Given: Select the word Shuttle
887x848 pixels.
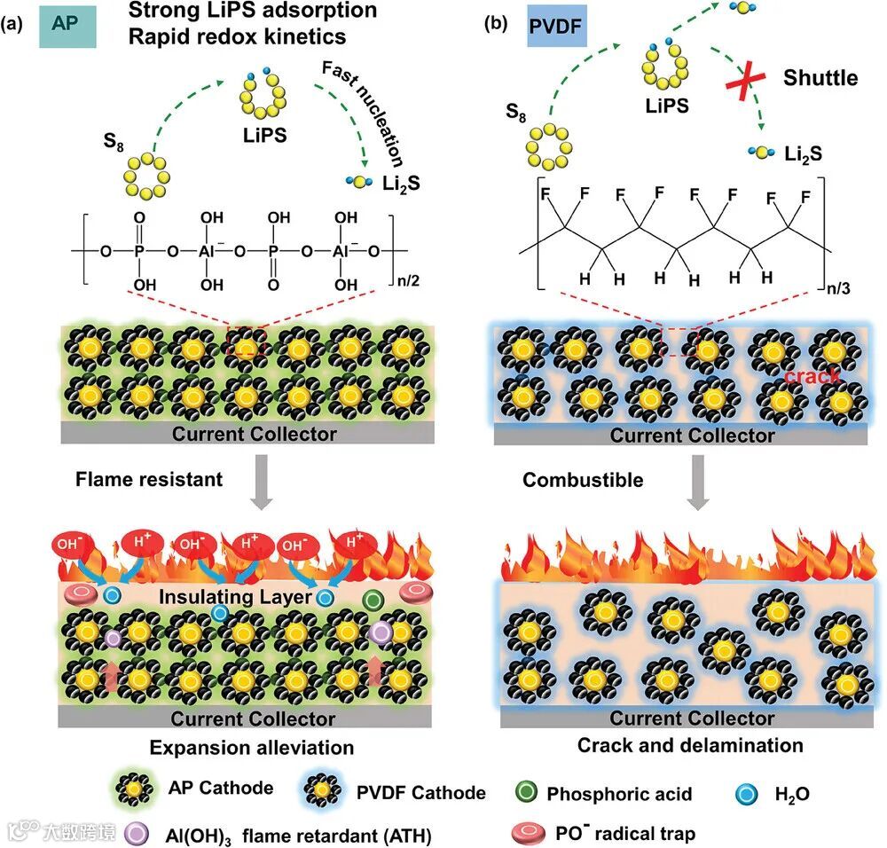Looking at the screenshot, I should (820, 78).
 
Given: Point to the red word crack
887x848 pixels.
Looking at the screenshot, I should (812, 378).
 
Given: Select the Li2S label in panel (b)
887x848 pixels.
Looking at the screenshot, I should (802, 154).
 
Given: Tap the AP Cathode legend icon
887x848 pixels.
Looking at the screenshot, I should (134, 789).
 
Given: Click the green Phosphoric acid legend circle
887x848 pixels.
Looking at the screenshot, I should (529, 792).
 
